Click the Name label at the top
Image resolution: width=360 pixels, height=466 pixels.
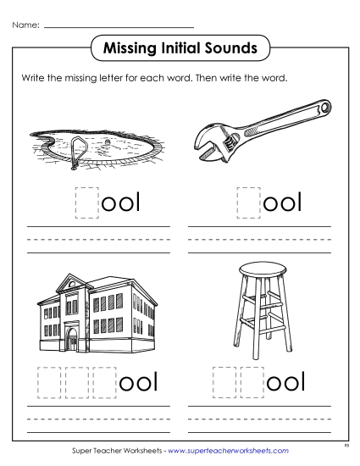tap(25, 25)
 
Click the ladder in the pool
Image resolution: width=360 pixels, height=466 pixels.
tap(79, 148)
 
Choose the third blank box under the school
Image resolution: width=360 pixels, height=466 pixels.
tap(104, 381)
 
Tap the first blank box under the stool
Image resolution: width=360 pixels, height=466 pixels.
tap(224, 381)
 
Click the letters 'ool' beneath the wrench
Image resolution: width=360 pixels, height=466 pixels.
tap(284, 203)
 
